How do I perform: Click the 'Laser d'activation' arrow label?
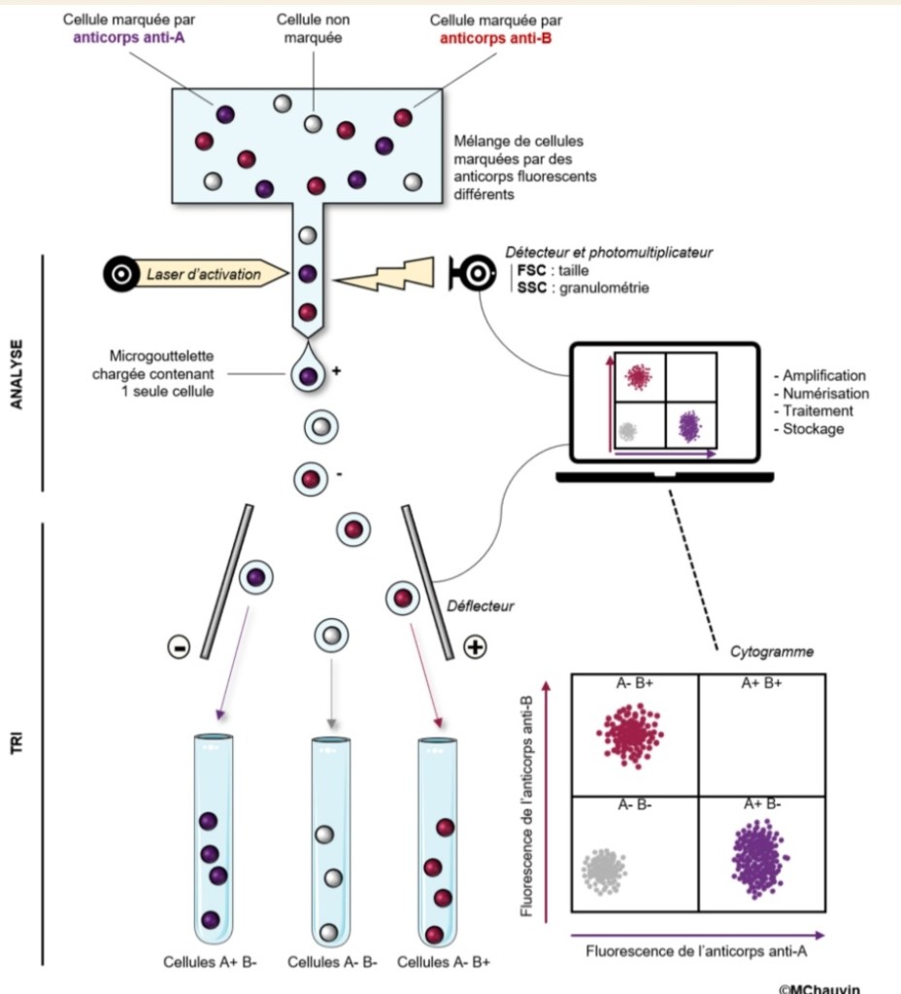pos(204,275)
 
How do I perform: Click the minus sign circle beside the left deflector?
pos(180,646)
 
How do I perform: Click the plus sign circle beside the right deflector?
pos(476,646)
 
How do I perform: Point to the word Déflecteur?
pos(480,606)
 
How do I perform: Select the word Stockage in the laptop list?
pos(816,428)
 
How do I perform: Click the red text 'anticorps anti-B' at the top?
pos(495,40)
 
